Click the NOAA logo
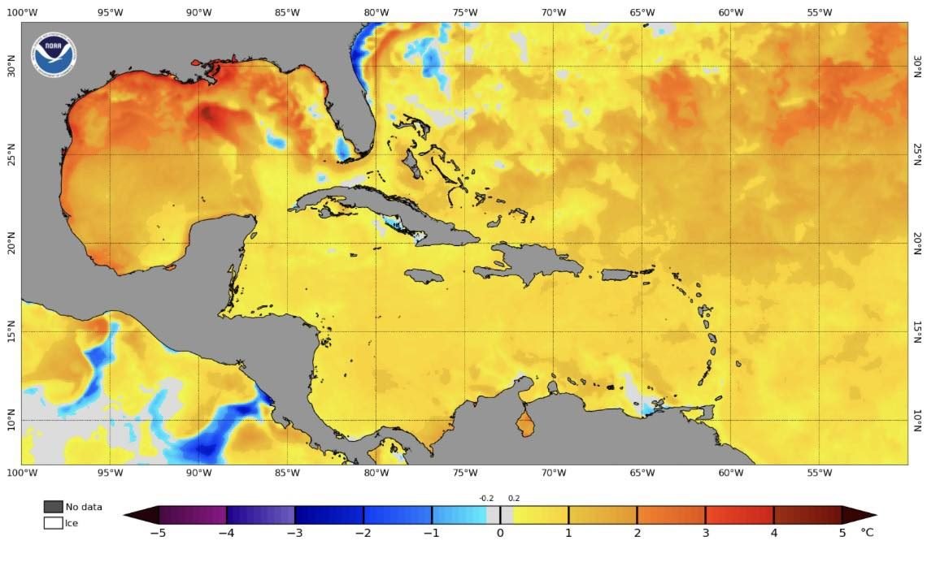click(x=54, y=54)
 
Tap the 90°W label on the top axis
click(x=198, y=12)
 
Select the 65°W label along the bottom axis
click(x=642, y=472)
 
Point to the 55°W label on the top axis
click(x=819, y=12)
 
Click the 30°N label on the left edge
click(x=11, y=66)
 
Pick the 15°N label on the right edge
click(x=918, y=331)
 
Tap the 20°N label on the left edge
click(x=11, y=243)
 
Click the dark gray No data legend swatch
click(x=53, y=507)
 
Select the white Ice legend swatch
click(x=53, y=523)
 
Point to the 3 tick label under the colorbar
click(x=705, y=534)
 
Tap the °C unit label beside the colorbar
click(x=867, y=534)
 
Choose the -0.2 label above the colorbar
click(x=486, y=499)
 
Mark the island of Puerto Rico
click(x=620, y=275)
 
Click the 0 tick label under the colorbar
click(x=499, y=534)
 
